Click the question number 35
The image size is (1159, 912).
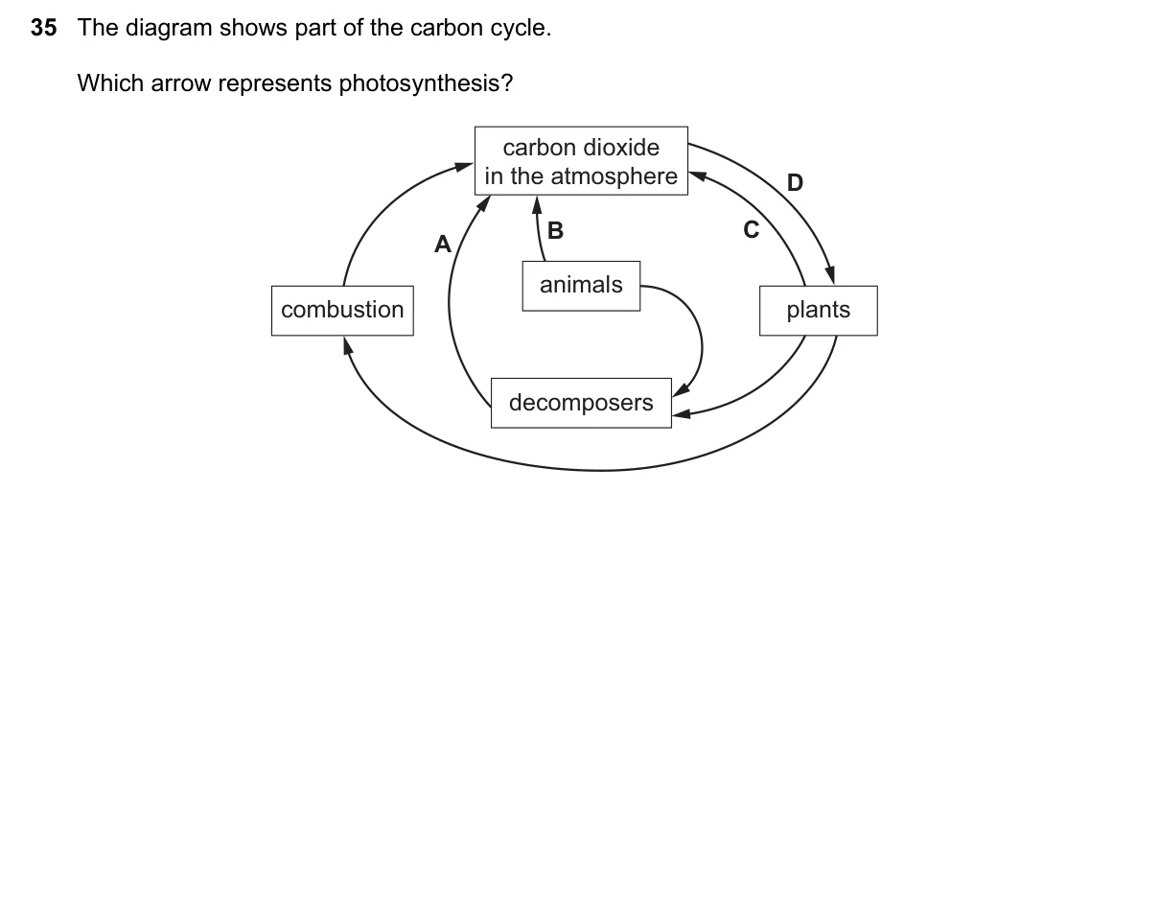pos(44,28)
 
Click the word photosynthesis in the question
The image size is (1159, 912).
pos(426,84)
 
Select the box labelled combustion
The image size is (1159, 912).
pos(342,311)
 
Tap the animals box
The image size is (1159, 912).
pos(581,286)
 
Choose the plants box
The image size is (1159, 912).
pos(819,311)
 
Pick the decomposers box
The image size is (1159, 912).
pos(581,404)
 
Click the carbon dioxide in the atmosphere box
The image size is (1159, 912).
pos(581,161)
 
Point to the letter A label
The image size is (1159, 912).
pos(443,244)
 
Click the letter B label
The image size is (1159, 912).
pos(555,230)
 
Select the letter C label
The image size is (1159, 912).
pos(752,230)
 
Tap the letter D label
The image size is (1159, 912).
pos(795,182)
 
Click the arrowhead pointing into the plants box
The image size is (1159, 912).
pos(830,274)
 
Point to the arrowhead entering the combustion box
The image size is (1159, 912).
pos(348,346)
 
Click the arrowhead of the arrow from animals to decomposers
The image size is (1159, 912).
pos(681,390)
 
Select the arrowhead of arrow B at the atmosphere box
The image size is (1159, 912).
pos(537,206)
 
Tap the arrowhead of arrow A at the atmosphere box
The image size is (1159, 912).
pos(483,203)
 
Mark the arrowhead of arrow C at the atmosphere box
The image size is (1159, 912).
pos(698,175)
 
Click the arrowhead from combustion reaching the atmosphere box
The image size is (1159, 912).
pos(464,167)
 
